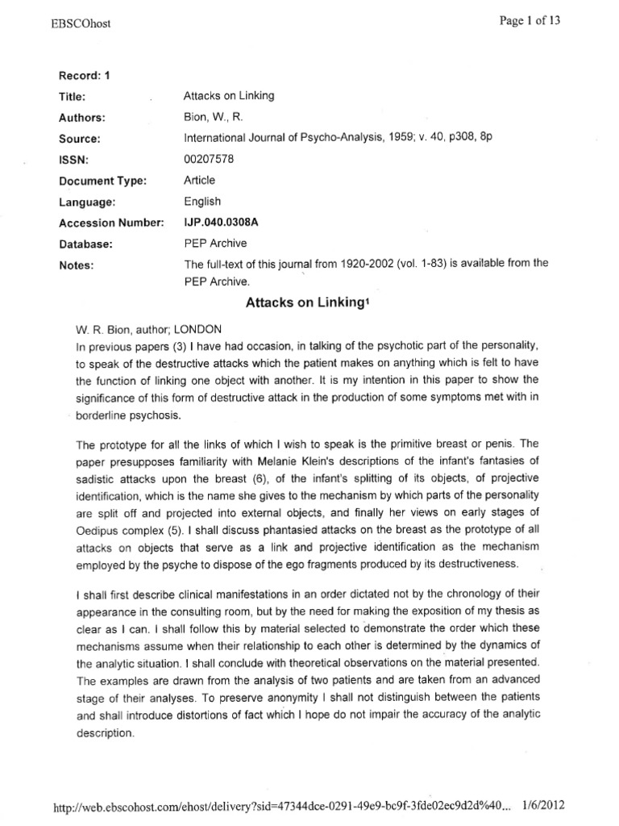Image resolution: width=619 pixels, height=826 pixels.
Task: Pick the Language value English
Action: tap(202, 202)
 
